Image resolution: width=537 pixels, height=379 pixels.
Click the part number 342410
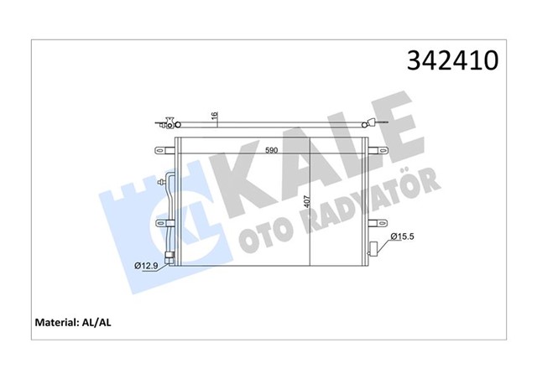pos(452,61)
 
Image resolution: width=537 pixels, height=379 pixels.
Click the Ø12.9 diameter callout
pos(149,267)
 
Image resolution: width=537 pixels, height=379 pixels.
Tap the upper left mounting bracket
pos(163,151)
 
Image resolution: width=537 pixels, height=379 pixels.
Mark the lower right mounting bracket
pos(380,223)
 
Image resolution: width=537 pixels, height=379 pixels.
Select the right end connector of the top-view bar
pos(379,127)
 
